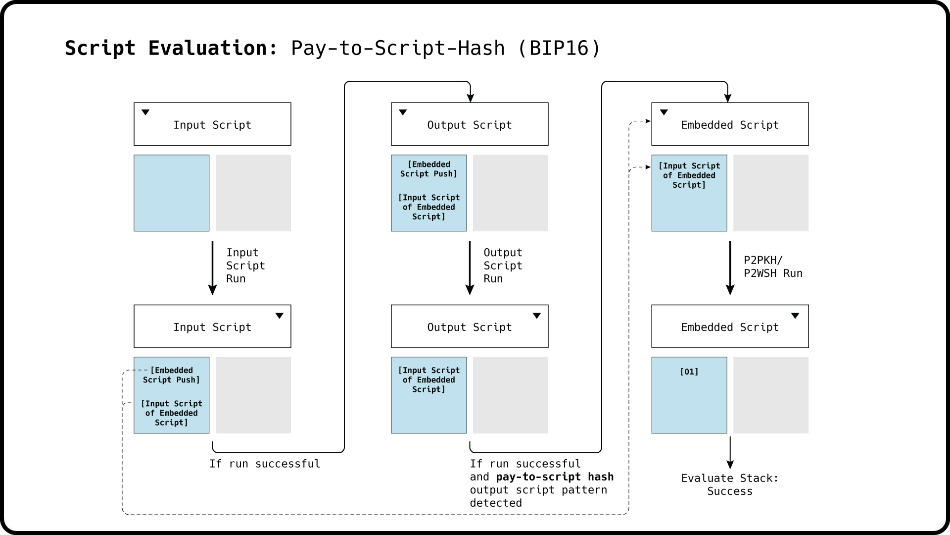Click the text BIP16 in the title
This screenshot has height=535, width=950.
(x=559, y=48)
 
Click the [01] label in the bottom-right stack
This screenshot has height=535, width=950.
(x=689, y=372)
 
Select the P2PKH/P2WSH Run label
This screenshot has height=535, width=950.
(x=772, y=267)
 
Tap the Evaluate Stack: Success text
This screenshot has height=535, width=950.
(x=729, y=484)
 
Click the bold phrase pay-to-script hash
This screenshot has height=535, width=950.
(x=554, y=477)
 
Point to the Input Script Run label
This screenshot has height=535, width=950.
(x=245, y=266)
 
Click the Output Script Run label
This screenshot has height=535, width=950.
(x=502, y=266)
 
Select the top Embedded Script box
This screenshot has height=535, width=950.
(x=729, y=124)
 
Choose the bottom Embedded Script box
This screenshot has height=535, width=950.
(x=729, y=326)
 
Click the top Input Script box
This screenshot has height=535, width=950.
(x=212, y=124)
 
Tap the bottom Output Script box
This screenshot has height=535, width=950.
(x=469, y=326)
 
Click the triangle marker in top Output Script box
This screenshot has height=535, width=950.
(x=403, y=112)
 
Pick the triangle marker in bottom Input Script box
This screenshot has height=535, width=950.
(x=280, y=316)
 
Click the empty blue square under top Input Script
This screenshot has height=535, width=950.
(x=171, y=193)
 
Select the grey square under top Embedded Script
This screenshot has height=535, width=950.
(x=770, y=193)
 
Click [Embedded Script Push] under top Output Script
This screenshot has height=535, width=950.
(x=428, y=169)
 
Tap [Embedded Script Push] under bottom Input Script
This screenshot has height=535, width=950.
(x=171, y=375)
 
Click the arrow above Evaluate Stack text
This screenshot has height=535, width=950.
(x=730, y=453)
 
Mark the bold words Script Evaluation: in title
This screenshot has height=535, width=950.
(x=171, y=48)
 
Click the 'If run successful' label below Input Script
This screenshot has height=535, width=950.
(x=264, y=464)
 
